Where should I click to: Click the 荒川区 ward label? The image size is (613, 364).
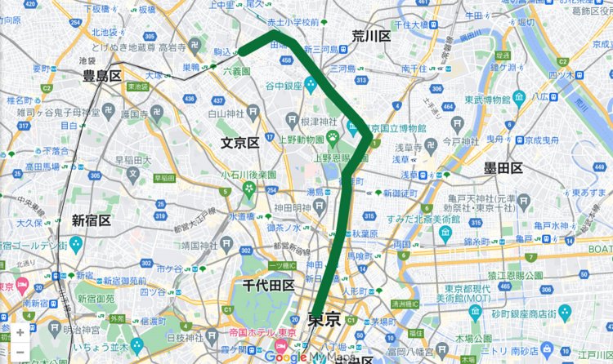[x=371, y=37]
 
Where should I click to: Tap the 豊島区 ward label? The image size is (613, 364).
[x=102, y=76]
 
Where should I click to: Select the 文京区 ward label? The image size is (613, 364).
[x=239, y=143]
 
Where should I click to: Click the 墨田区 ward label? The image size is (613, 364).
[x=503, y=168]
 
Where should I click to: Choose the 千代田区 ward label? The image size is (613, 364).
[x=269, y=285]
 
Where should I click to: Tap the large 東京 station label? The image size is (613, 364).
[x=324, y=320]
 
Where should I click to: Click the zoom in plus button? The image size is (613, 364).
[x=20, y=333]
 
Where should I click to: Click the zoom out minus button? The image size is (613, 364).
[x=20, y=352]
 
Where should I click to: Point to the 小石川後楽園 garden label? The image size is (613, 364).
[x=248, y=175]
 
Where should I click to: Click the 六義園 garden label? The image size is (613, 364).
[x=236, y=72]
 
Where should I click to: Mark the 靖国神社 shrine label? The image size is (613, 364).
[x=201, y=244]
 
